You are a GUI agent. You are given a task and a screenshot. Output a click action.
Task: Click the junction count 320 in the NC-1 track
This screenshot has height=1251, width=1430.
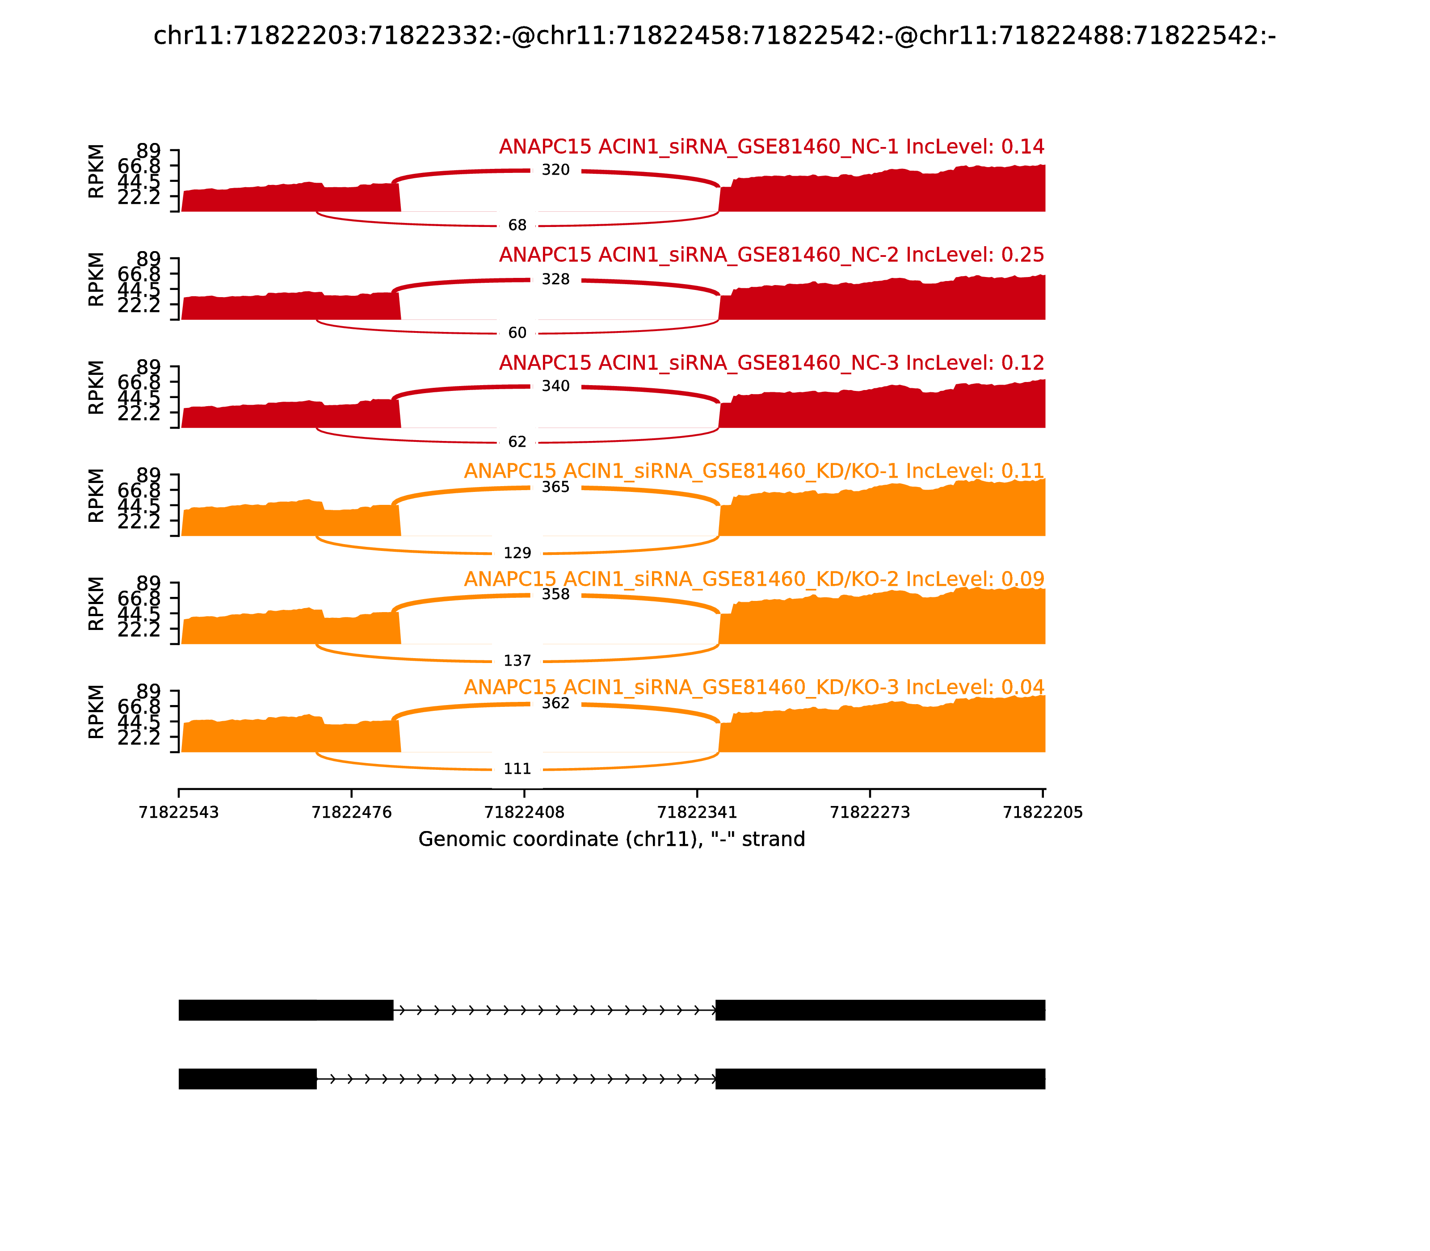[556, 170]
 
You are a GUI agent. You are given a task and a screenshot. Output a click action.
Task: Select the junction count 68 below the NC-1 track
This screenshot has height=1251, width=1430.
[517, 225]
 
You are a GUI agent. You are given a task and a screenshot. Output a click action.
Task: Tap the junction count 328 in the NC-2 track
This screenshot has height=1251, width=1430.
[556, 279]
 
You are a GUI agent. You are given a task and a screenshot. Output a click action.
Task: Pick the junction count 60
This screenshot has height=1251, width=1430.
[517, 333]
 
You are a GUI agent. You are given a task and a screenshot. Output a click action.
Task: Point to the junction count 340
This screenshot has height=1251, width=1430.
[556, 386]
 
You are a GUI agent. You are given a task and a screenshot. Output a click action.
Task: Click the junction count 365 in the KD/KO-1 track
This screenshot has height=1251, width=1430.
[556, 487]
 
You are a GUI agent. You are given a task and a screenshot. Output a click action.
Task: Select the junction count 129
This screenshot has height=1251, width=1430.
[517, 553]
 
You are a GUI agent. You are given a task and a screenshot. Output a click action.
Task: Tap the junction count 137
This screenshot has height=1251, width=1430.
[517, 660]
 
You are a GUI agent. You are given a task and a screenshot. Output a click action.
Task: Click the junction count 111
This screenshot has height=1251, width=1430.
[517, 768]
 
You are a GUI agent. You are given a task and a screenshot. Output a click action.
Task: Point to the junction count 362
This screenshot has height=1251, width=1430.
[556, 703]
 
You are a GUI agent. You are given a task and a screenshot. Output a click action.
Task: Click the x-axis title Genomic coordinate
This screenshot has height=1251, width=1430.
[612, 839]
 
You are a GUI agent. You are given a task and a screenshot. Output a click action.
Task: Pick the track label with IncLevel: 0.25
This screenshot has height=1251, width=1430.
[772, 255]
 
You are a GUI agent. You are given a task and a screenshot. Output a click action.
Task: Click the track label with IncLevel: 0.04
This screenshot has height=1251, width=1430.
[754, 687]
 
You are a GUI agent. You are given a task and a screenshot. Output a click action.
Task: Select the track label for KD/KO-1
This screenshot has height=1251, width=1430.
[754, 471]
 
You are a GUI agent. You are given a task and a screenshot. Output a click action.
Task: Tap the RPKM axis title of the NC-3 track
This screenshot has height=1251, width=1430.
[97, 387]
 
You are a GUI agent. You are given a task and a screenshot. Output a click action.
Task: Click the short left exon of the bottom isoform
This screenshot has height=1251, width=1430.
[248, 1079]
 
